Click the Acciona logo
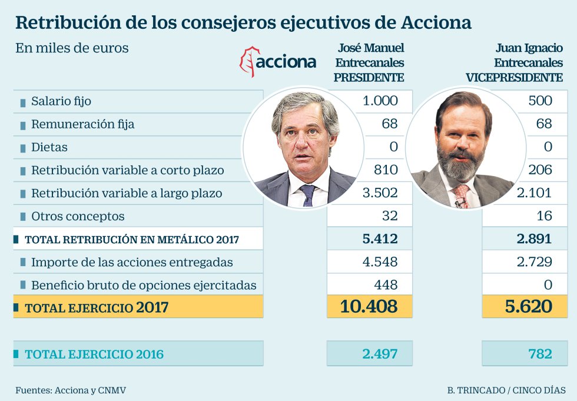pos(278,62)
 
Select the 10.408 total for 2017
pos(369,307)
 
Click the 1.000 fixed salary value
pos(380,101)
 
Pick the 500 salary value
pos(540,101)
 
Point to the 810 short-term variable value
pos(386,170)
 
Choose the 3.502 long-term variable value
pos(380,193)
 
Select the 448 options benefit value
pos(386,285)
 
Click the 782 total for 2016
pos(539,354)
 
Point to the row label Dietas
pos(49,147)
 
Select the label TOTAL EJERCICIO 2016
pos(94,354)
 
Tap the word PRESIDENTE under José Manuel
pos(369,77)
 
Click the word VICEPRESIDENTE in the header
pos(514,77)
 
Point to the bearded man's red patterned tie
pos(460,195)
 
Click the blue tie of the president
pos(307,194)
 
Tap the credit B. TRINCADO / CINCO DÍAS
pos(506,390)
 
